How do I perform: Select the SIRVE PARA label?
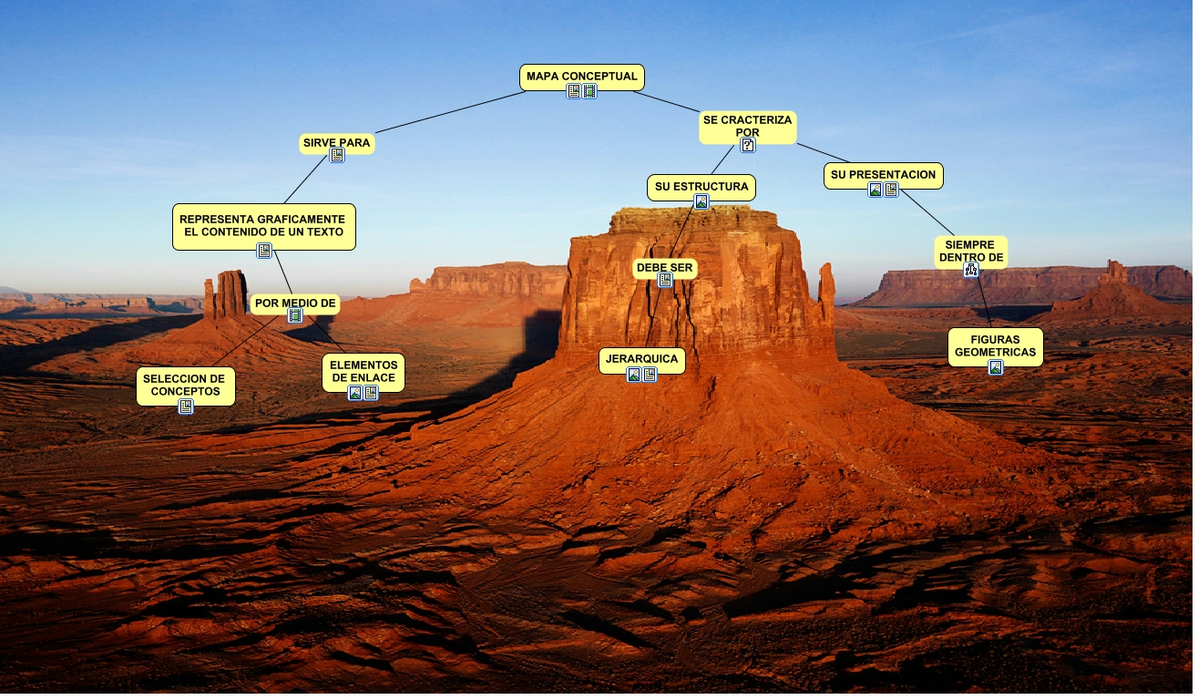pos(337,143)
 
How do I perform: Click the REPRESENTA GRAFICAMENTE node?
pos(263,226)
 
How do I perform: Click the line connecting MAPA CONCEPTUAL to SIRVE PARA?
pos(451,112)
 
